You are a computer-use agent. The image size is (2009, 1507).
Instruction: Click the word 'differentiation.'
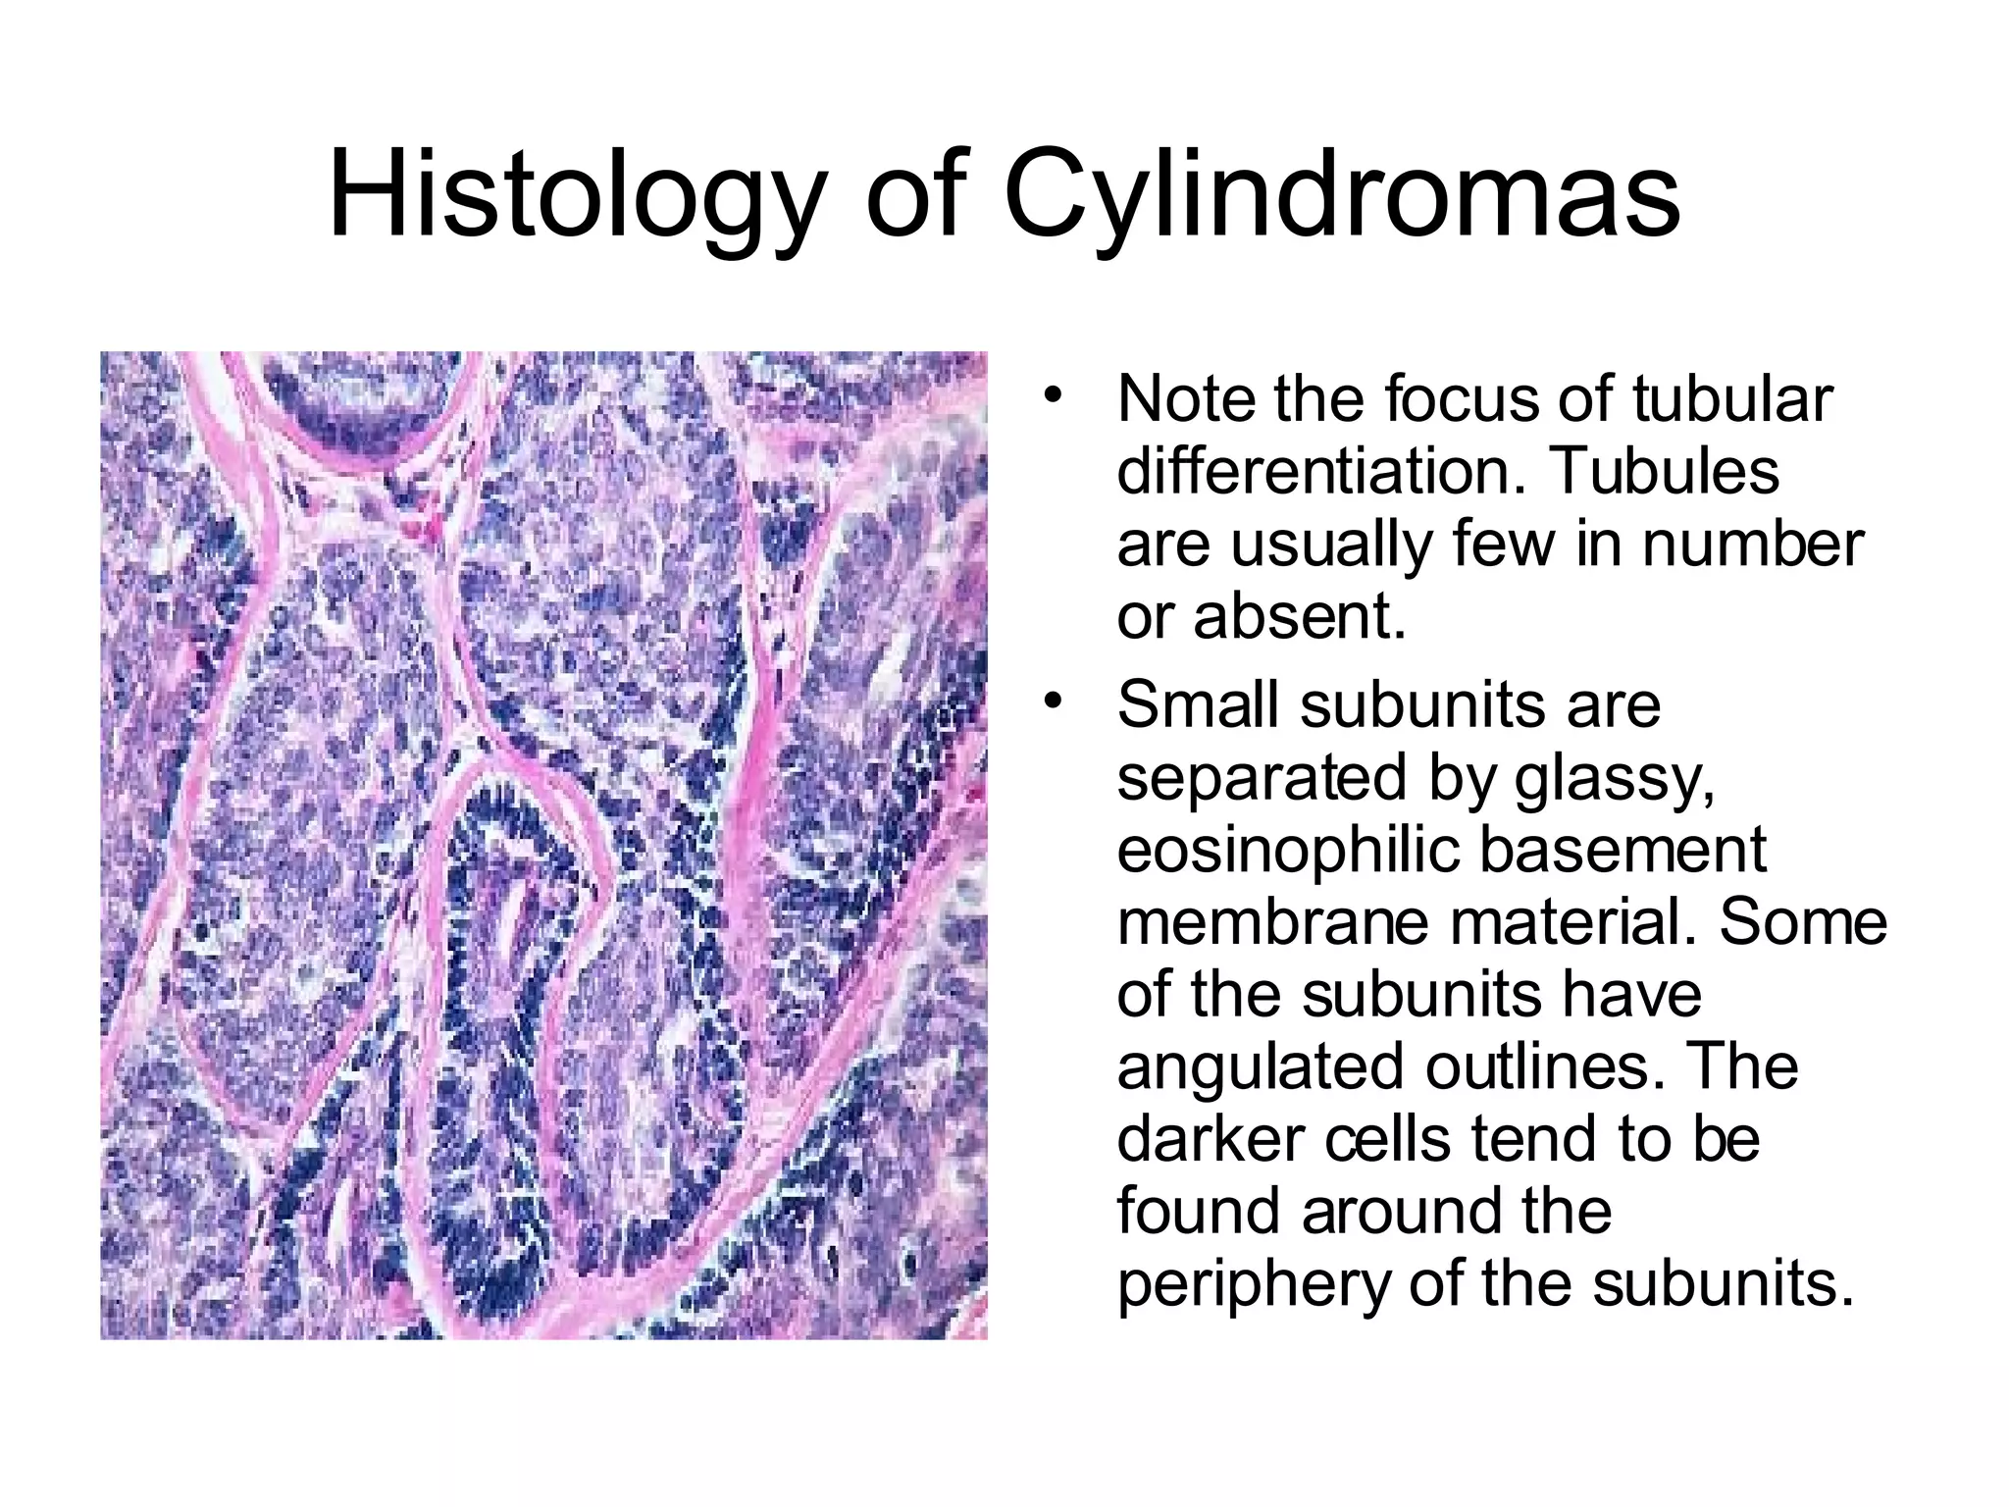pyautogui.click(x=1320, y=471)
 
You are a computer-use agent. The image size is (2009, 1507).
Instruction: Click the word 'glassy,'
pyautogui.click(x=1616, y=778)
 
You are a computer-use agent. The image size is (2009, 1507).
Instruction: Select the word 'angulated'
pyautogui.click(x=1260, y=1067)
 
